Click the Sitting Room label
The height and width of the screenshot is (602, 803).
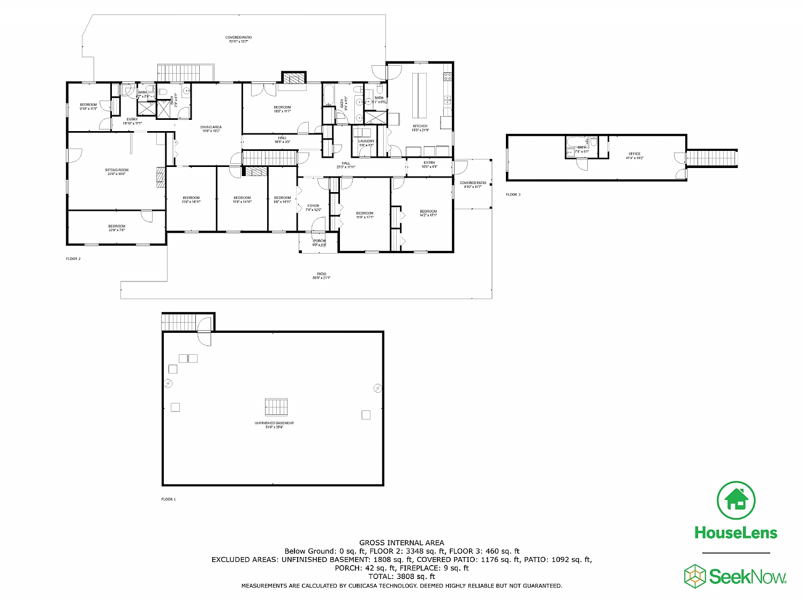[117, 172]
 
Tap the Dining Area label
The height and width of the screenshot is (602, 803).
[211, 128]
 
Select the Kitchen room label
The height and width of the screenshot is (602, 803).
[420, 128]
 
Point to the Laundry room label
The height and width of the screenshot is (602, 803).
[366, 143]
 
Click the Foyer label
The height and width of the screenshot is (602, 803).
[313, 207]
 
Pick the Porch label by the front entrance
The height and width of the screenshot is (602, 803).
[319, 242]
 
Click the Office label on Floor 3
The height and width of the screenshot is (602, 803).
[634, 156]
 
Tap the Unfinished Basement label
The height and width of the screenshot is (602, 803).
[274, 424]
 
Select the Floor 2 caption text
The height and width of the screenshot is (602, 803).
[73, 258]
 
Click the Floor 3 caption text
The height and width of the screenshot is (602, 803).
[513, 194]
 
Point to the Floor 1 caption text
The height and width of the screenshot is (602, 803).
[168, 499]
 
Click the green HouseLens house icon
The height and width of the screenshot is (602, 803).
[736, 500]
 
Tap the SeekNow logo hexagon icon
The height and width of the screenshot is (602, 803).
[695, 576]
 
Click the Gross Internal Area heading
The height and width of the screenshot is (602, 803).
[401, 543]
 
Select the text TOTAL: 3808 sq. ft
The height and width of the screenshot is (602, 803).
[401, 576]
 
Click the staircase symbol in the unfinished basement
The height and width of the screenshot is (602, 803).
[276, 407]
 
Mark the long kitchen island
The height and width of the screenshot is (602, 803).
[419, 94]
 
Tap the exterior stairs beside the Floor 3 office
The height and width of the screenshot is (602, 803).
[712, 158]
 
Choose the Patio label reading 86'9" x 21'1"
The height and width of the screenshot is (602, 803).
[322, 276]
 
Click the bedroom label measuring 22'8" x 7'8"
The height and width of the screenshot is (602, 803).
[117, 228]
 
